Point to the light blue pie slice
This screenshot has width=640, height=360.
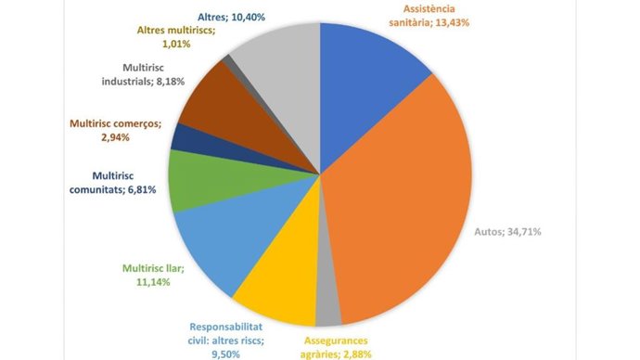click(228, 237)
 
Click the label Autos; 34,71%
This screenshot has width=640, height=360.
click(507, 232)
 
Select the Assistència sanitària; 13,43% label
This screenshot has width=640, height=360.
click(429, 16)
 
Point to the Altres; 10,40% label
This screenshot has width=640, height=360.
click(231, 17)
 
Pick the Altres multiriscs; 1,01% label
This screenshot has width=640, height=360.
click(176, 37)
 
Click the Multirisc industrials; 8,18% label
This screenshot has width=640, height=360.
click(143, 74)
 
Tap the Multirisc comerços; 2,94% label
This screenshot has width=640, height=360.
click(116, 130)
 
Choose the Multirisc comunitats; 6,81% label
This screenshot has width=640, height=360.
click(112, 183)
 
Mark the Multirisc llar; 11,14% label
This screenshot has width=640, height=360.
click(153, 275)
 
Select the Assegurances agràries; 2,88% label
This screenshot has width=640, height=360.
click(336, 347)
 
